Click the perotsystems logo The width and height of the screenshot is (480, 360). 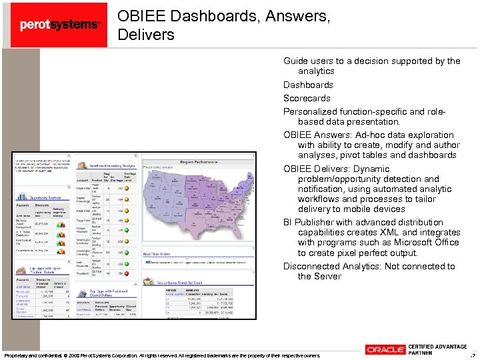click(60, 25)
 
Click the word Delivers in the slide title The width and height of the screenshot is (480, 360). click(146, 34)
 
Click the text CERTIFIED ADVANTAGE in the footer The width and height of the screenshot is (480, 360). click(437, 346)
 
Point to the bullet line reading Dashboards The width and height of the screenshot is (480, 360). click(308, 85)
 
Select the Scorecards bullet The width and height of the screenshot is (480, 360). click(307, 98)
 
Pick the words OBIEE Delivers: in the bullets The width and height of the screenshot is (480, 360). click(318, 169)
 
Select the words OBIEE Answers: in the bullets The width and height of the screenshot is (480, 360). click(319, 135)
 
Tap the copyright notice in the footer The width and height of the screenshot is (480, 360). click(161, 355)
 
